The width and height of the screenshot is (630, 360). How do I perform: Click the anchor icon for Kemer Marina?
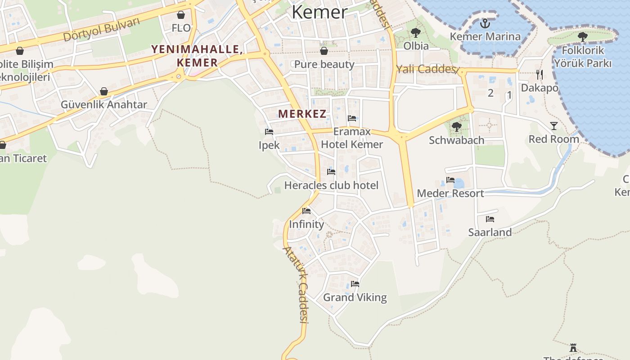[x=485, y=23]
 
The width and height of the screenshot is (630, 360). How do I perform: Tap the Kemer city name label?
[x=319, y=12]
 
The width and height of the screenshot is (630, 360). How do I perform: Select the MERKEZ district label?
[x=302, y=114]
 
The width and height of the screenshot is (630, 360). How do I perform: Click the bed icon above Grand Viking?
[x=355, y=284]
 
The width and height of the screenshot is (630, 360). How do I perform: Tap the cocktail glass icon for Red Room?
[x=553, y=126]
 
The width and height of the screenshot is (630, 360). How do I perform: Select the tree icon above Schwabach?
[x=456, y=127]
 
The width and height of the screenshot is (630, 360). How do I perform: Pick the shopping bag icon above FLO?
[x=181, y=15]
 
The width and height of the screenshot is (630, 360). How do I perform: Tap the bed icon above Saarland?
[x=490, y=219]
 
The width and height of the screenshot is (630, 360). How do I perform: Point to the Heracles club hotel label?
[x=331, y=185]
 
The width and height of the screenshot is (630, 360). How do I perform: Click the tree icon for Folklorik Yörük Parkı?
[x=582, y=37]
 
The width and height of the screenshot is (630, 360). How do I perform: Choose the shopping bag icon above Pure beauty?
[x=324, y=51]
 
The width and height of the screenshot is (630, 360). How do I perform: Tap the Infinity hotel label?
[x=306, y=224]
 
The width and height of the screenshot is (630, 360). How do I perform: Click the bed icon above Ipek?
[x=269, y=132]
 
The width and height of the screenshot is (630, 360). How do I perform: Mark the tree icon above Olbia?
[x=416, y=32]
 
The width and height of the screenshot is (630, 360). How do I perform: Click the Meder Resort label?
[x=450, y=193]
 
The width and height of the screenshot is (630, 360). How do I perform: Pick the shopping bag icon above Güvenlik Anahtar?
[x=104, y=92]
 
